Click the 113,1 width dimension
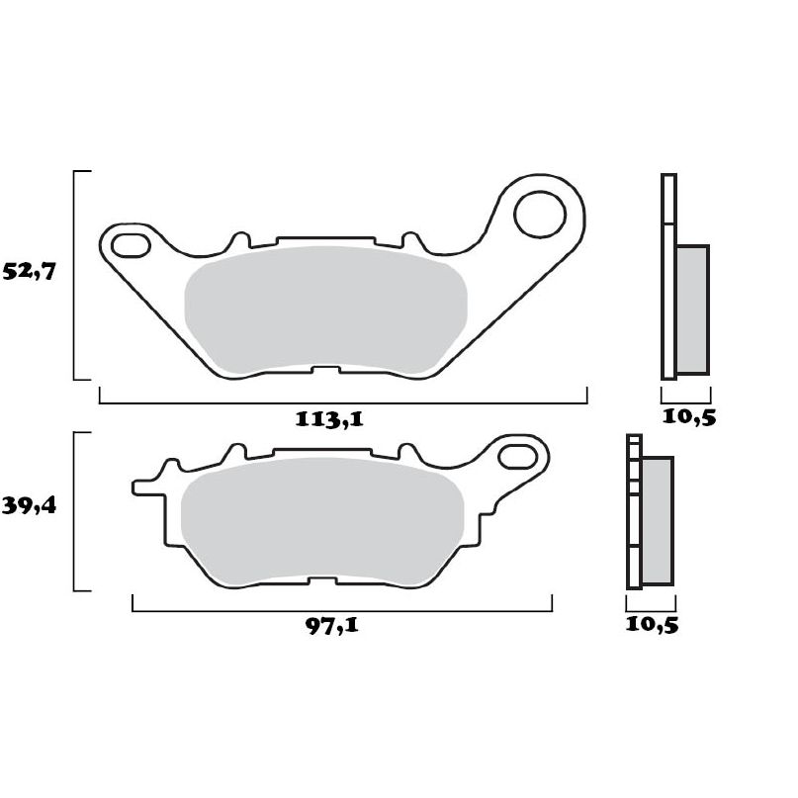point(330,418)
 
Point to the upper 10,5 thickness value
point(688,416)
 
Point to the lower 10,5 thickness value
point(652,624)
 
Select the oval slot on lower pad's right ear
point(515,457)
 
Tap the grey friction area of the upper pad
point(326,309)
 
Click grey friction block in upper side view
point(692,309)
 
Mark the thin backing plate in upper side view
point(667,277)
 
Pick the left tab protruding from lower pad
point(146,488)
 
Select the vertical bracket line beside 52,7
point(75,275)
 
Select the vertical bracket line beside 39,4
point(75,512)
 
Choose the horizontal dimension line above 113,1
point(343,403)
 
